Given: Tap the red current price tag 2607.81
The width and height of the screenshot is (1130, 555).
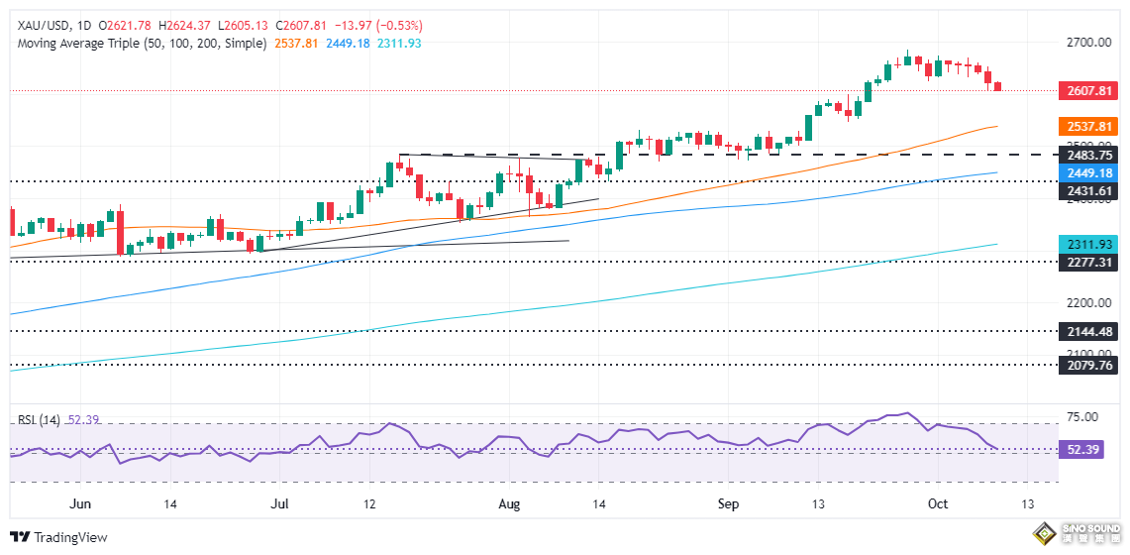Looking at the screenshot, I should pyautogui.click(x=1089, y=90).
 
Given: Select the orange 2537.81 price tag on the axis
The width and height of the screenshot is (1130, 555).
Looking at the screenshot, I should pyautogui.click(x=1089, y=127).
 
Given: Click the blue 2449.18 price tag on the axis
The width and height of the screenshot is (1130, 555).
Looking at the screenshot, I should pyautogui.click(x=1089, y=172).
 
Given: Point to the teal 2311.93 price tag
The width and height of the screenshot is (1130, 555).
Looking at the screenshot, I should pyautogui.click(x=1089, y=244).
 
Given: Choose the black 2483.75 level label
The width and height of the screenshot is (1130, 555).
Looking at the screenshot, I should pyautogui.click(x=1089, y=156).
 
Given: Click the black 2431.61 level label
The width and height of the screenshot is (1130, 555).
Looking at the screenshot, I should pyautogui.click(x=1089, y=190).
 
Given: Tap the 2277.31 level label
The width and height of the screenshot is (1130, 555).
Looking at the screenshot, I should pyautogui.click(x=1089, y=263).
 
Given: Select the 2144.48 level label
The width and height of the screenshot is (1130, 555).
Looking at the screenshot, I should pyautogui.click(x=1089, y=331).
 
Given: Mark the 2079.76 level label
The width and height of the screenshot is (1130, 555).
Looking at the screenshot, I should pyautogui.click(x=1089, y=365).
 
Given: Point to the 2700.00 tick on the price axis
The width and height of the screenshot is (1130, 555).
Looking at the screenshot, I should pyautogui.click(x=1089, y=44).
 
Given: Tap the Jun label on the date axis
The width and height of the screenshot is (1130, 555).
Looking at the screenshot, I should pyautogui.click(x=81, y=504).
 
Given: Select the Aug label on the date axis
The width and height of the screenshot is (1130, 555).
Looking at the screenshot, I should pyautogui.click(x=508, y=504).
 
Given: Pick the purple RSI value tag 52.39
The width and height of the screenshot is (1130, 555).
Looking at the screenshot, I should pyautogui.click(x=1089, y=450).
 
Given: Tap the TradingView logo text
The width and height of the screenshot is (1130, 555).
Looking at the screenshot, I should pyautogui.click(x=70, y=537).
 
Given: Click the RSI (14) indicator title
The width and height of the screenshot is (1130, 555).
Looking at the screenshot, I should pyautogui.click(x=39, y=420).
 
